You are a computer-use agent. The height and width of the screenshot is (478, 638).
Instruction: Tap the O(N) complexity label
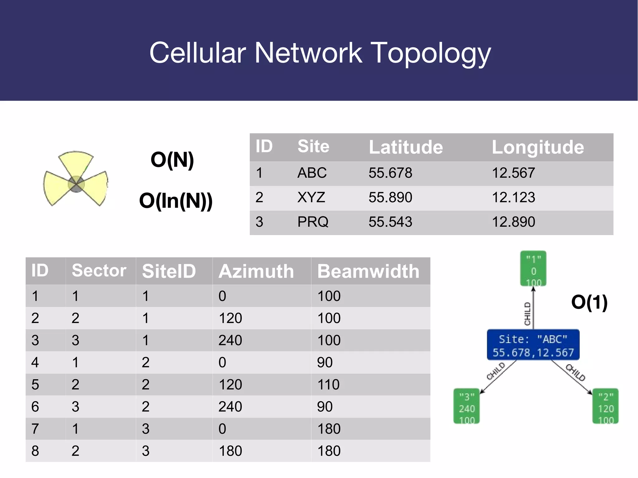(172, 160)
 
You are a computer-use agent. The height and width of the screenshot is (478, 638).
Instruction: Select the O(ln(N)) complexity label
(176, 201)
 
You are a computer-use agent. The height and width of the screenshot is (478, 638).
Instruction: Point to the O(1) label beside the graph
(589, 302)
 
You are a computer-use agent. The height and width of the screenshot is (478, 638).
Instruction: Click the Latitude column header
(406, 147)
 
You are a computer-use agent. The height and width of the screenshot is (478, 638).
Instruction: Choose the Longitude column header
(538, 147)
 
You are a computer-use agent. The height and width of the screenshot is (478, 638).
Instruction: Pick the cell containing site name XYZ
(311, 197)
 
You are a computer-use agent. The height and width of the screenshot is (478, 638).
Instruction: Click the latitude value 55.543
(390, 222)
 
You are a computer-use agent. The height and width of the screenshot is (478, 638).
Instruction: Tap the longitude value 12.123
(513, 197)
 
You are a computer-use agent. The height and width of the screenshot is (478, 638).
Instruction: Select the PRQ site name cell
(313, 222)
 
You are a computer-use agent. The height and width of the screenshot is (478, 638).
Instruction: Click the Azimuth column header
(256, 271)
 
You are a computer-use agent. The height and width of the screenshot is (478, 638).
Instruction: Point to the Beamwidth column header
(368, 271)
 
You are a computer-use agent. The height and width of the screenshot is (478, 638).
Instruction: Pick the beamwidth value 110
(329, 385)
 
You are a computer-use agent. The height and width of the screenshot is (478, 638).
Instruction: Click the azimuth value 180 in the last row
(230, 451)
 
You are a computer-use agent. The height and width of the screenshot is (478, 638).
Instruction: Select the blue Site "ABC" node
(533, 345)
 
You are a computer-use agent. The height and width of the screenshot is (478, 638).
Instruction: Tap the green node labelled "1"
(533, 268)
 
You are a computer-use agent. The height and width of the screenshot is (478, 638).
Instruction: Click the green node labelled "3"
(466, 406)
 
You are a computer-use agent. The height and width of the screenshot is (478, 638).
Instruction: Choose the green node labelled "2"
(605, 406)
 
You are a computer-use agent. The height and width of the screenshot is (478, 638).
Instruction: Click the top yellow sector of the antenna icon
(76, 163)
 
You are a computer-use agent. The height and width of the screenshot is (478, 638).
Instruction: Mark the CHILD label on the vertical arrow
(527, 314)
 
